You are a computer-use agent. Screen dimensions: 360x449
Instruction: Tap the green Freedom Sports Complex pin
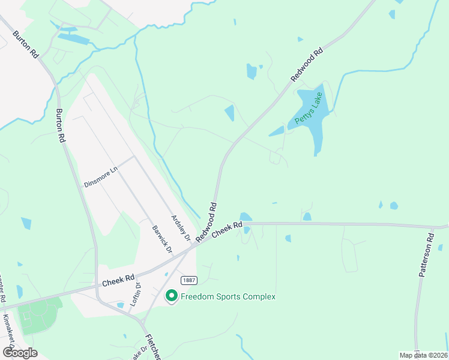click(171, 296)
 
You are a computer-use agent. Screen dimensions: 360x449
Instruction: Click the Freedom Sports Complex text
click(229, 296)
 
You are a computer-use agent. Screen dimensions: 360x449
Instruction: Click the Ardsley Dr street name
click(180, 228)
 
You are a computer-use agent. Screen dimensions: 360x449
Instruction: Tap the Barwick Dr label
click(161, 239)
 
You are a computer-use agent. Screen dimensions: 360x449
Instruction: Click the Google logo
click(20, 352)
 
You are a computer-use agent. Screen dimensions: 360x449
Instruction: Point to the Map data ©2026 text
click(424, 355)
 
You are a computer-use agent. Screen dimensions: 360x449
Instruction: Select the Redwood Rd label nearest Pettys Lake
click(307, 65)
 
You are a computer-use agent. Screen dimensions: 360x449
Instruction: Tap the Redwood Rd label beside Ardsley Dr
click(205, 222)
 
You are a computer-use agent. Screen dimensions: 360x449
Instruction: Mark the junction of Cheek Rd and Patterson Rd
click(432, 227)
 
